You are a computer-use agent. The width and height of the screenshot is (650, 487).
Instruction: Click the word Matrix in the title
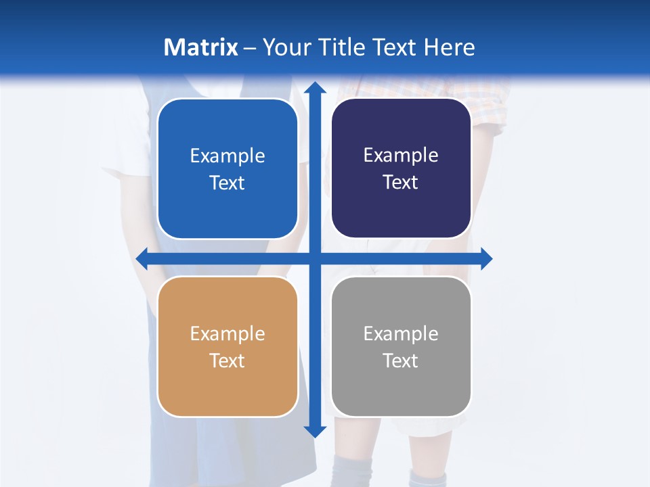point(200,47)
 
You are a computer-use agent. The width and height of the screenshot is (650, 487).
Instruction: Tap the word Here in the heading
point(449,47)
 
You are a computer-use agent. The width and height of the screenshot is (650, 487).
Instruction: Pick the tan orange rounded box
point(227,392)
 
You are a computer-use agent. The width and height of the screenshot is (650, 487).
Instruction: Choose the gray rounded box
point(401,392)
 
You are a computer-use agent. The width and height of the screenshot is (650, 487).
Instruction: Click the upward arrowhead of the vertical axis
point(314,89)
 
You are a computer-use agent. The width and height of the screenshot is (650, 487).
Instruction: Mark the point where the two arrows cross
point(314,258)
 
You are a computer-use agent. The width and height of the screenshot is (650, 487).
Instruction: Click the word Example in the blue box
point(227,156)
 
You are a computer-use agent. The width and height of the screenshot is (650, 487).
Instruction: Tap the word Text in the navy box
point(400,183)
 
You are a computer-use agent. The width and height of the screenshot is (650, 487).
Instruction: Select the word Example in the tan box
point(227,333)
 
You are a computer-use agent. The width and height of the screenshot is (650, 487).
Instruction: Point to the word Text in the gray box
point(400,361)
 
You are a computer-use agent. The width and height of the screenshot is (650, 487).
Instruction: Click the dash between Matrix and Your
point(250,48)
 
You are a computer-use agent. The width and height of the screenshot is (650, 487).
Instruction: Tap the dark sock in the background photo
point(352,470)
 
